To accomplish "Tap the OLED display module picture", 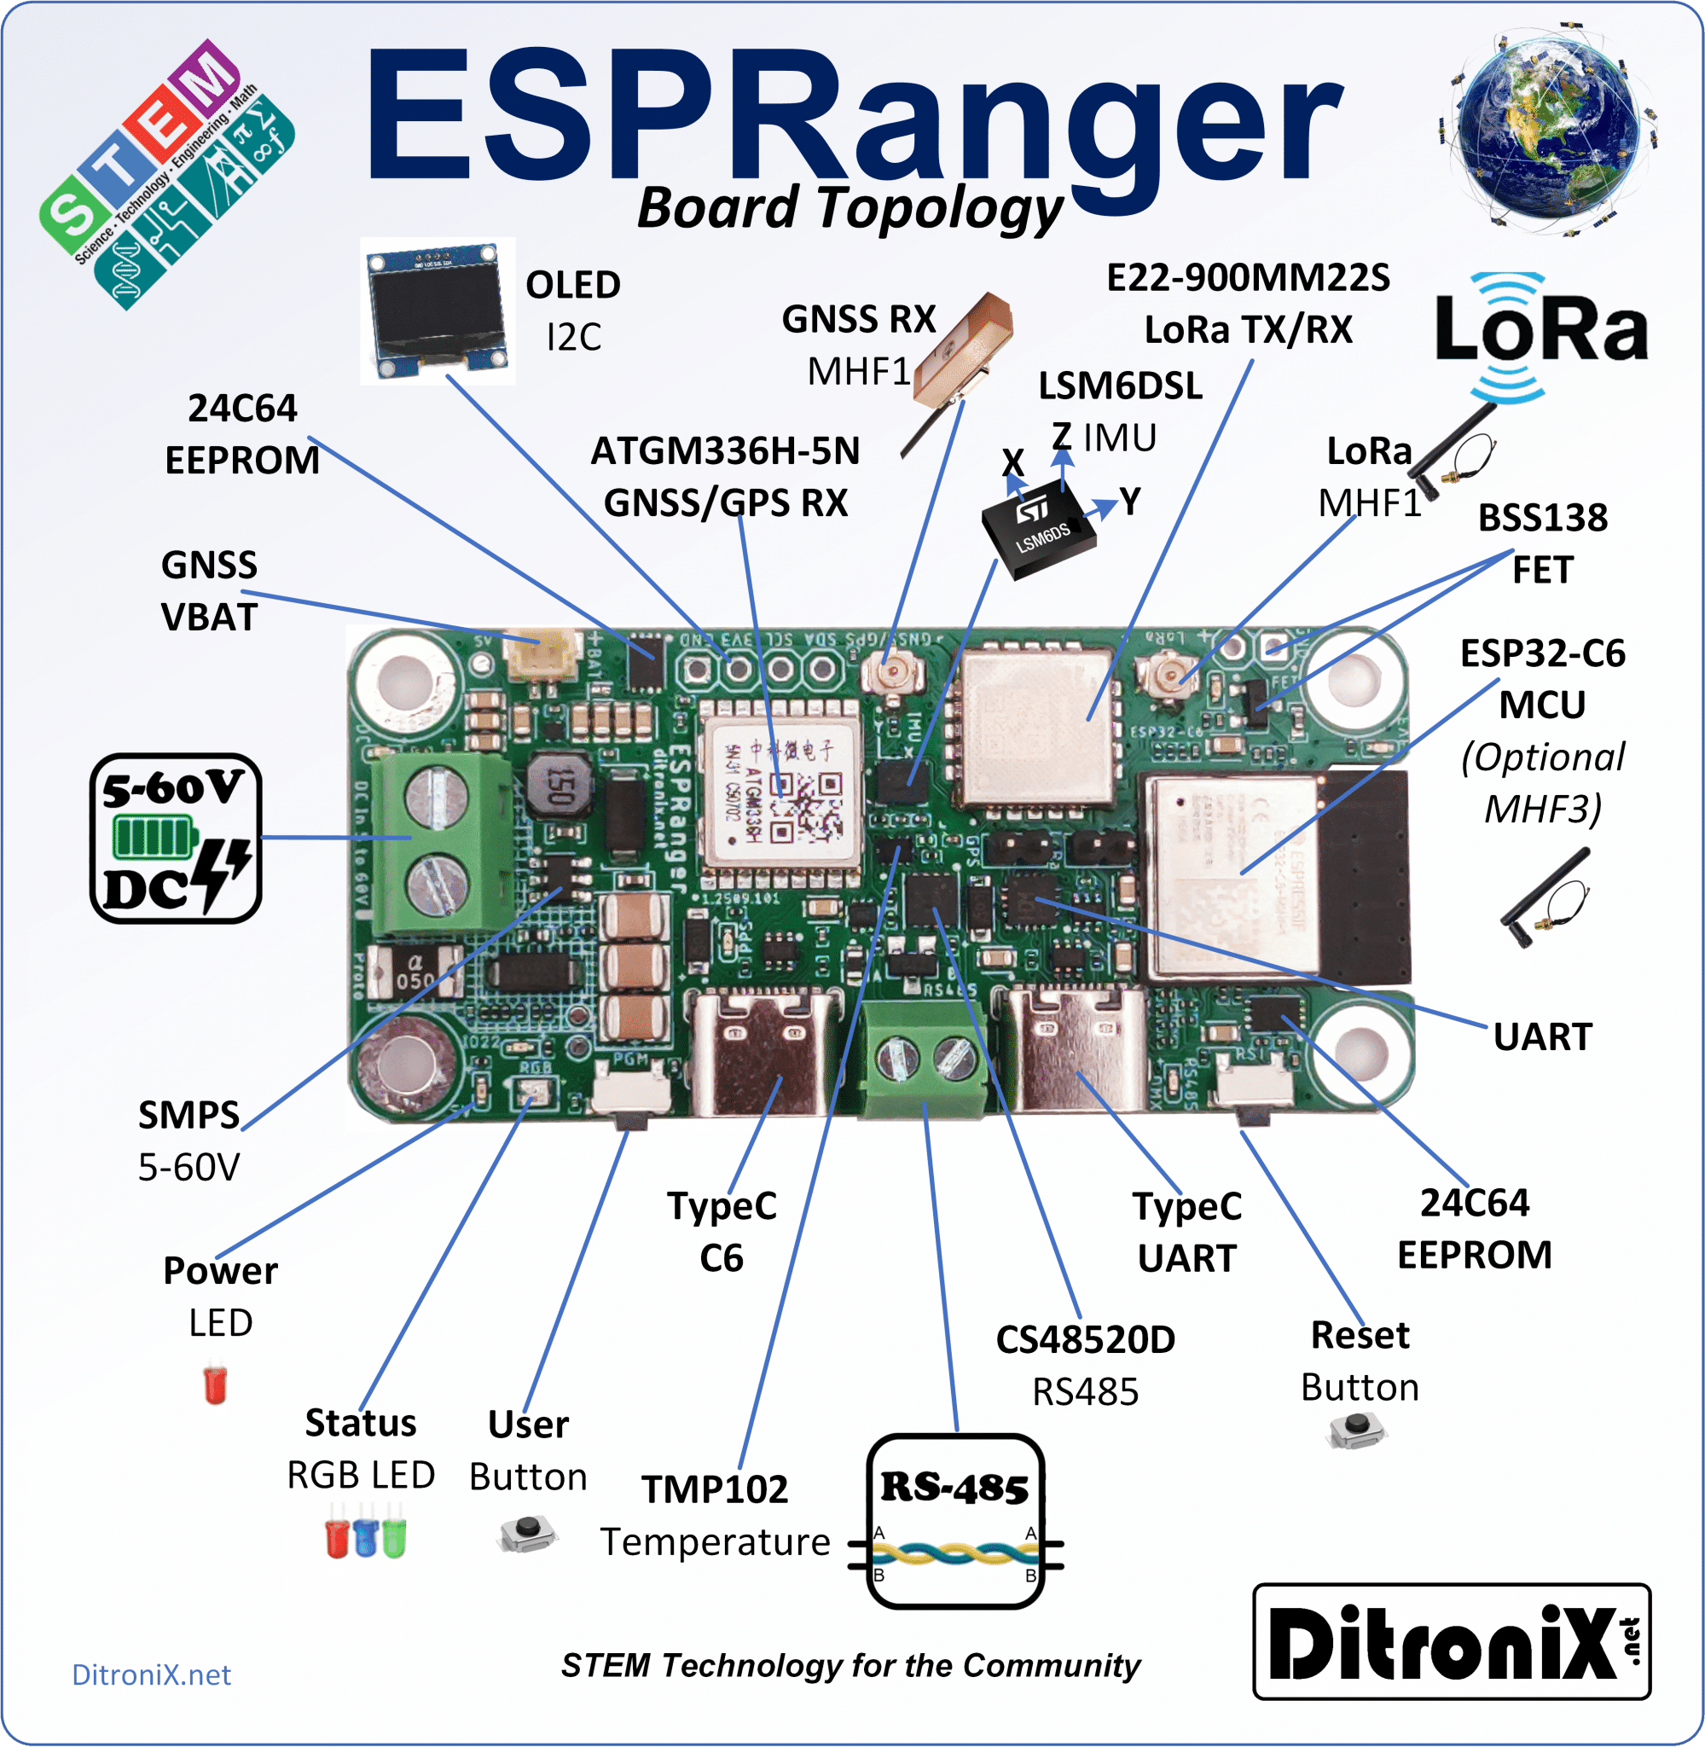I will tap(437, 311).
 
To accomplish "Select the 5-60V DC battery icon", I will tap(176, 839).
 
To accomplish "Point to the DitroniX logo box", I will tap(1451, 1641).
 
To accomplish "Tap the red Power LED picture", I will tap(215, 1384).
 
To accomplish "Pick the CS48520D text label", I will tap(1085, 1339).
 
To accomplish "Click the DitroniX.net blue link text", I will tap(151, 1674).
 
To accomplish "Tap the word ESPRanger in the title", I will tap(850, 116).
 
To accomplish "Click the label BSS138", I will tap(1542, 518).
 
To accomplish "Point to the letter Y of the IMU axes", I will tap(1131, 502).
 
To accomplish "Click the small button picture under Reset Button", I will tap(1358, 1431).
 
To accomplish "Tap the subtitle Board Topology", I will tap(849, 208).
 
